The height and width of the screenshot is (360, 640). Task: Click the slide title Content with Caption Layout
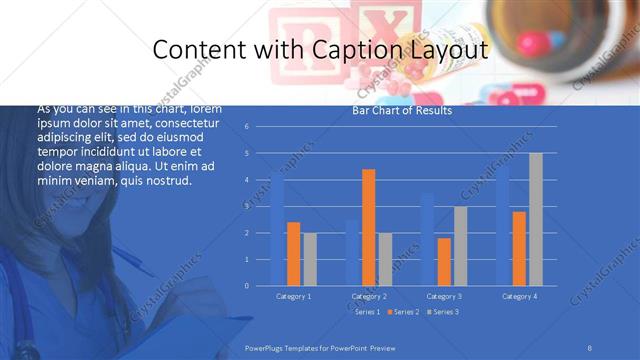coord(319,50)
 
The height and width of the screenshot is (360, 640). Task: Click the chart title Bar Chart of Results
coord(402,110)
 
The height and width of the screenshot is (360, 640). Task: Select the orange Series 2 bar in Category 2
coord(368,227)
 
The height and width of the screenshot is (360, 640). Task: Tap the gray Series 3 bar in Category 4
coord(536,219)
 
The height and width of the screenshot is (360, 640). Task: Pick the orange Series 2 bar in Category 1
coord(293,253)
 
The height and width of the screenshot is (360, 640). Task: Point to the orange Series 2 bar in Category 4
coord(519,248)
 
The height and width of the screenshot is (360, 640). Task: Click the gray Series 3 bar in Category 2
coord(385,259)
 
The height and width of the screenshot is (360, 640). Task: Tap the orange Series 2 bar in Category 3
coord(444,261)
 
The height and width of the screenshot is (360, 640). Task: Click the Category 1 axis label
coord(293,296)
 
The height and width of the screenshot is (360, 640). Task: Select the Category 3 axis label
coord(444,296)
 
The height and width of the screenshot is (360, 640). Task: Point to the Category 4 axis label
coord(519,296)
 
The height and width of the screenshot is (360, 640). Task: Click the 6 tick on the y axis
coord(260,127)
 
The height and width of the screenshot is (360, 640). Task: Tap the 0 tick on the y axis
coord(260,286)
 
